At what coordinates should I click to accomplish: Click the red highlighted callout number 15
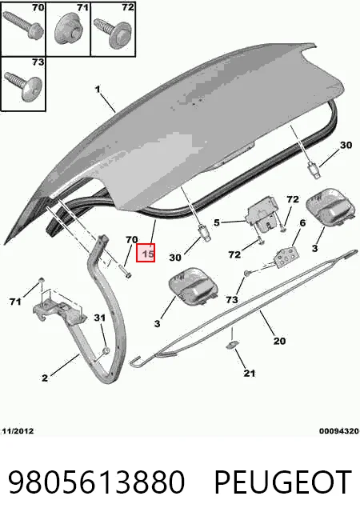click(x=146, y=253)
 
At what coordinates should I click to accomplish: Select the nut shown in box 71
click(x=68, y=30)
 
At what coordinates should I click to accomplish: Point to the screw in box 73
click(x=23, y=85)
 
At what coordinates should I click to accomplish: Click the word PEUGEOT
click(x=282, y=482)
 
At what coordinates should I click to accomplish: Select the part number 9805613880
click(x=96, y=482)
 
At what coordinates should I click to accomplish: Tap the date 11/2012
click(x=18, y=430)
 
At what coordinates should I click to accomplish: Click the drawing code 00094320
click(x=338, y=430)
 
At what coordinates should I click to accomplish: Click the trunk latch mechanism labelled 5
click(x=262, y=216)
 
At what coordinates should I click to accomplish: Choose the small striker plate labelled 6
click(x=286, y=256)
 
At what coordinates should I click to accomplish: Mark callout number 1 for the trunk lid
click(x=98, y=90)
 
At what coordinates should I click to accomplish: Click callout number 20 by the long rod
click(x=279, y=341)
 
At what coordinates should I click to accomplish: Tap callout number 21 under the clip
click(x=250, y=373)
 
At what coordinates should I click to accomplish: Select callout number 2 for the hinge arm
click(x=45, y=378)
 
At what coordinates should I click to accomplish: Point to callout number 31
click(x=100, y=318)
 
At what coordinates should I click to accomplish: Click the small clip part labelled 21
click(x=231, y=344)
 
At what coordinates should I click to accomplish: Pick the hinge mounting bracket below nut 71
click(x=59, y=310)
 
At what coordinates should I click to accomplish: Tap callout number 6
click(x=302, y=223)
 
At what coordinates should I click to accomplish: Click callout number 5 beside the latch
click(x=217, y=222)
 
